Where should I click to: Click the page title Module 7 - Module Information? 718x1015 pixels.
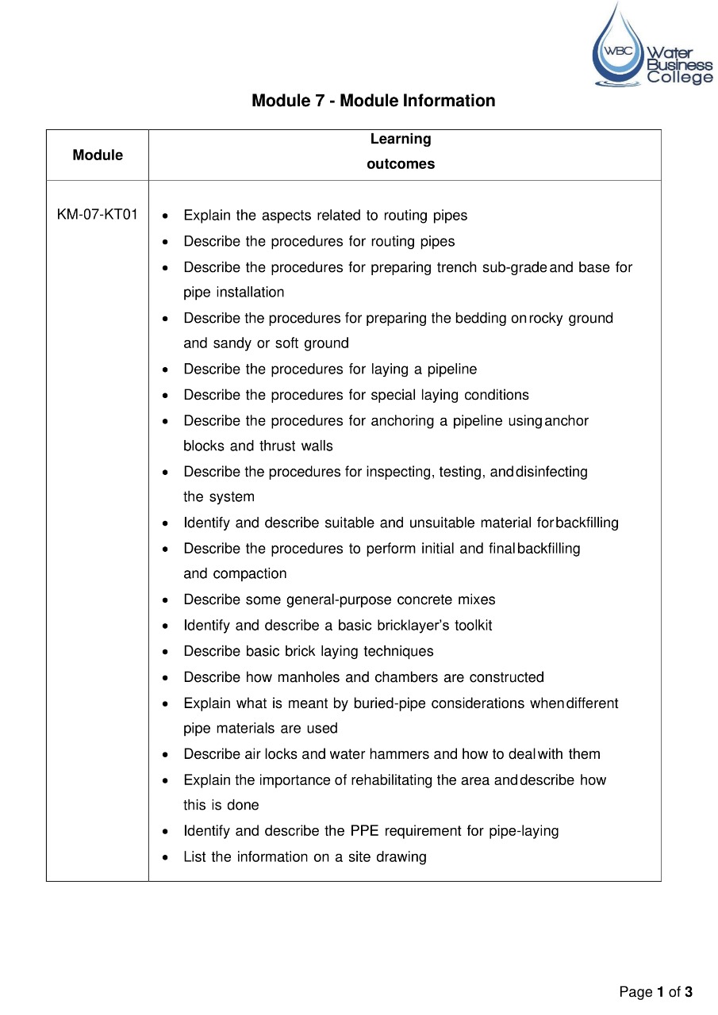point(373,101)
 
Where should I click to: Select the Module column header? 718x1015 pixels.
point(98,155)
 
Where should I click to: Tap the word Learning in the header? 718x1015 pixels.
point(401,139)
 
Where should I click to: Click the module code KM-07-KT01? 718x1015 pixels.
point(98,215)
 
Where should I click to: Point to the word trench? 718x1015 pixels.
point(455,267)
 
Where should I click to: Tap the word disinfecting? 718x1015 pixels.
point(552,472)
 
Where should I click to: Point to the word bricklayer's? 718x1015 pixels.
point(413,626)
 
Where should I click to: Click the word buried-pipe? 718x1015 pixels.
point(390,703)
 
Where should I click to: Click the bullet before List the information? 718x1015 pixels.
point(164,857)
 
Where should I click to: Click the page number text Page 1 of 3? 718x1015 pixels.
point(655,992)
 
